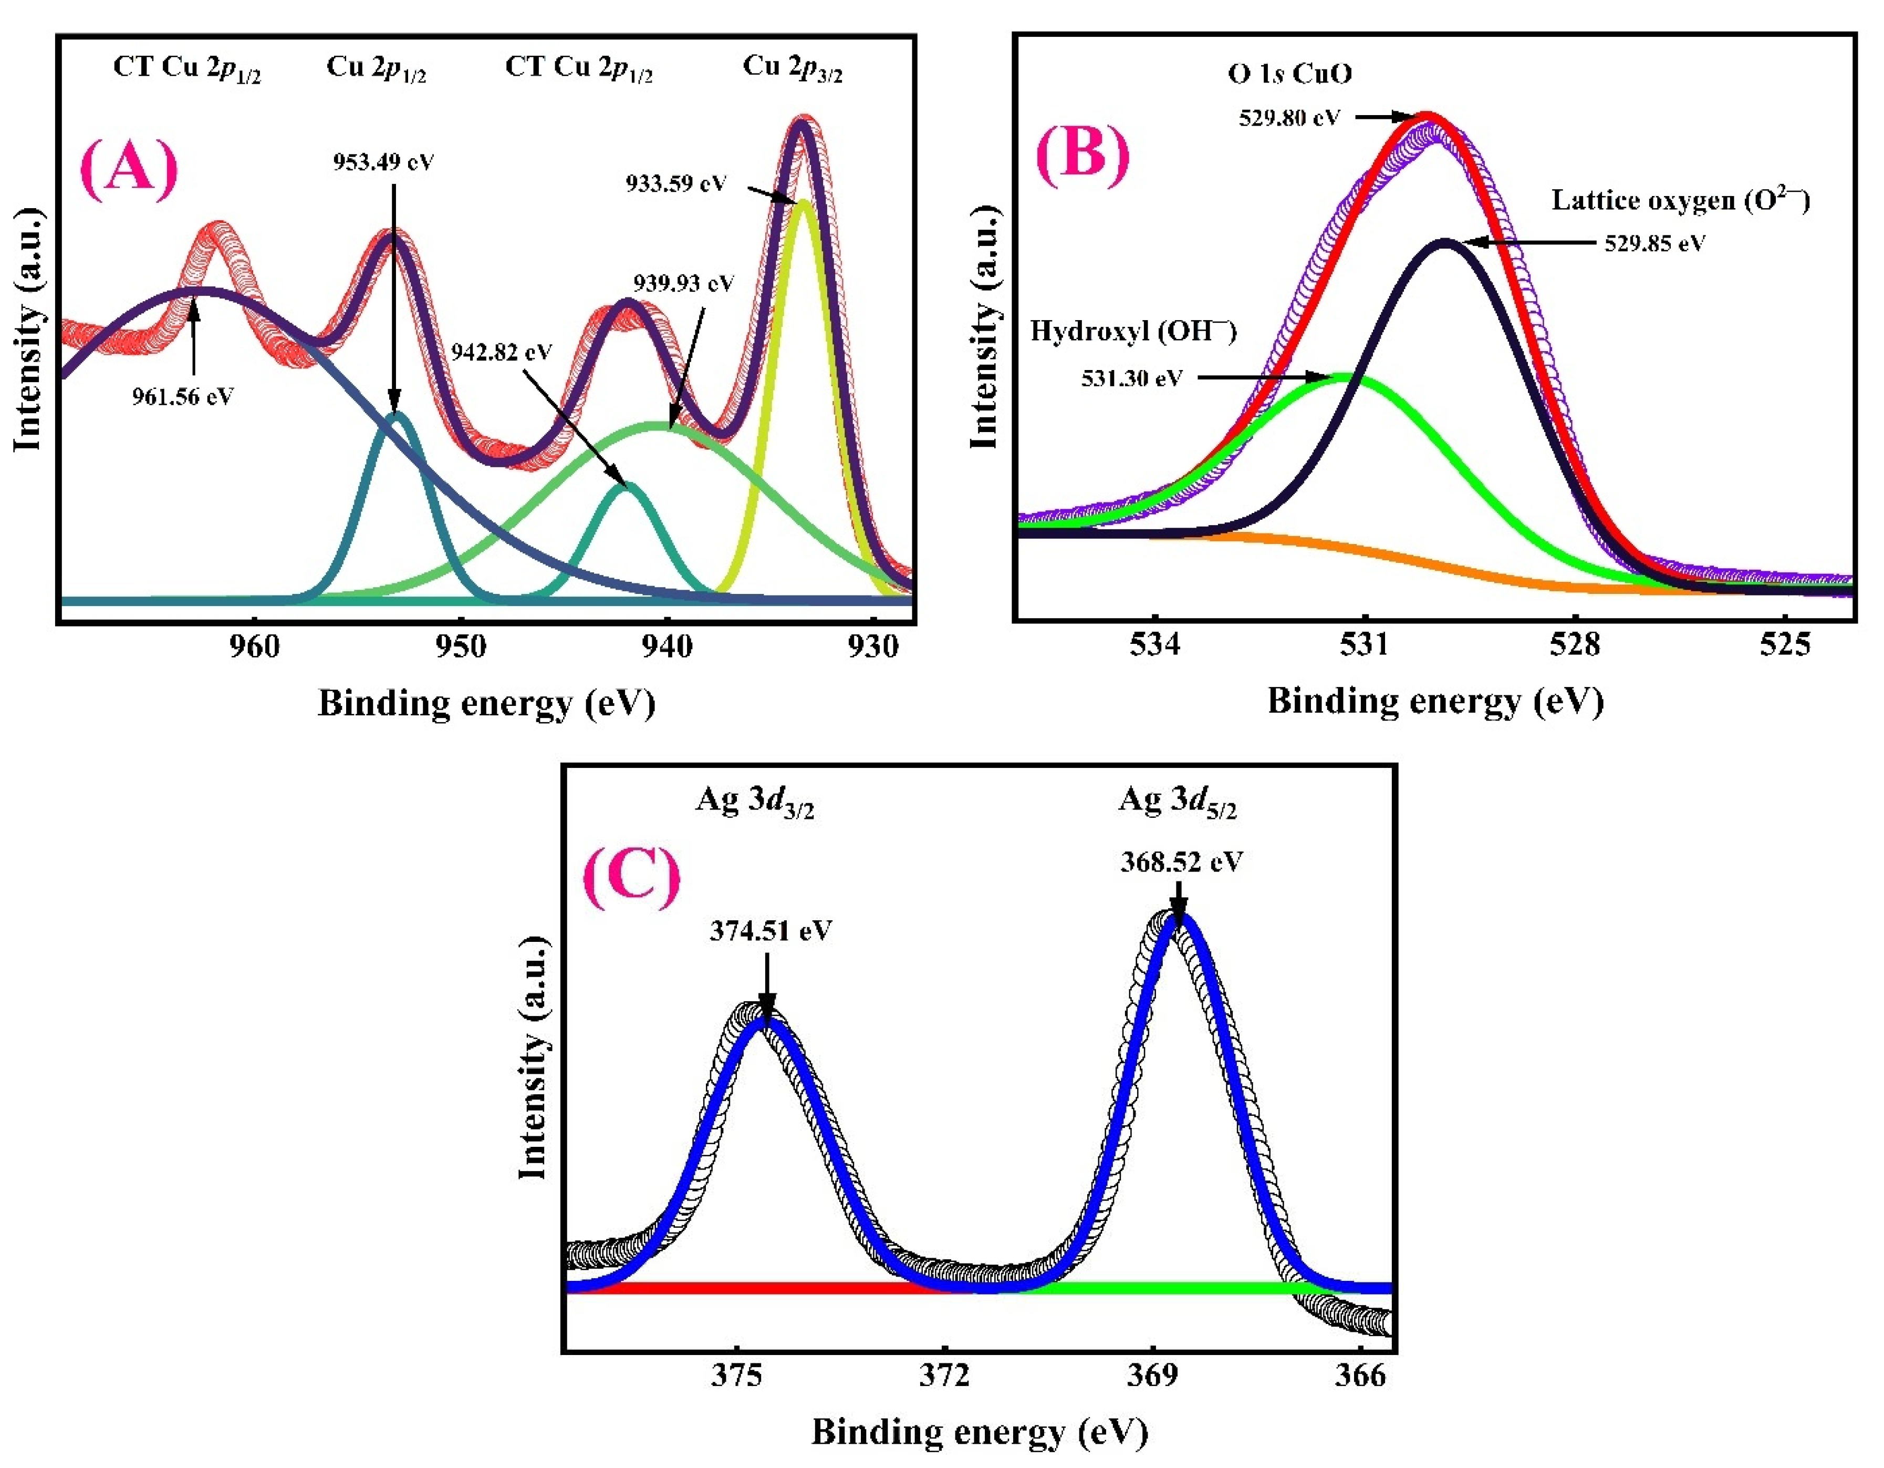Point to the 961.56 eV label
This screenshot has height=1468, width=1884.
183,397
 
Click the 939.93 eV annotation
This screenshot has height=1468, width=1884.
683,283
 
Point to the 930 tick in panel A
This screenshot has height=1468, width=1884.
873,646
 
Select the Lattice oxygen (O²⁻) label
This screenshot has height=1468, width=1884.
1680,200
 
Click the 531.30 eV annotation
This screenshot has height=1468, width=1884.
1132,378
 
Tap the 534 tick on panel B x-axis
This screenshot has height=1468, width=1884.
1155,645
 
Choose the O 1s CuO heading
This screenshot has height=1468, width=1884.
1289,74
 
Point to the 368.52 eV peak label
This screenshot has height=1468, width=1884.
1181,862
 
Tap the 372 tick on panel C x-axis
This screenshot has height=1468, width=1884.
944,1375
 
